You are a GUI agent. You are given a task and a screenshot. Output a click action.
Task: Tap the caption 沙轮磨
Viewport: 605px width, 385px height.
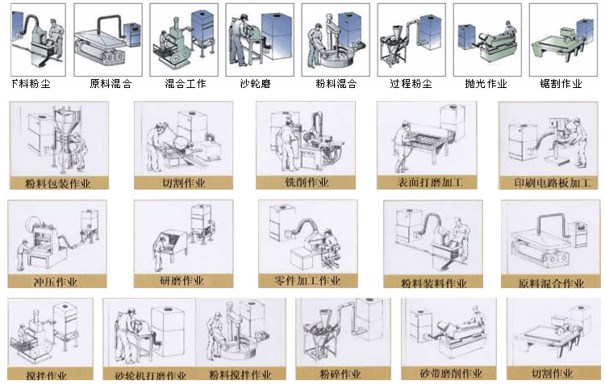(x=256, y=84)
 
